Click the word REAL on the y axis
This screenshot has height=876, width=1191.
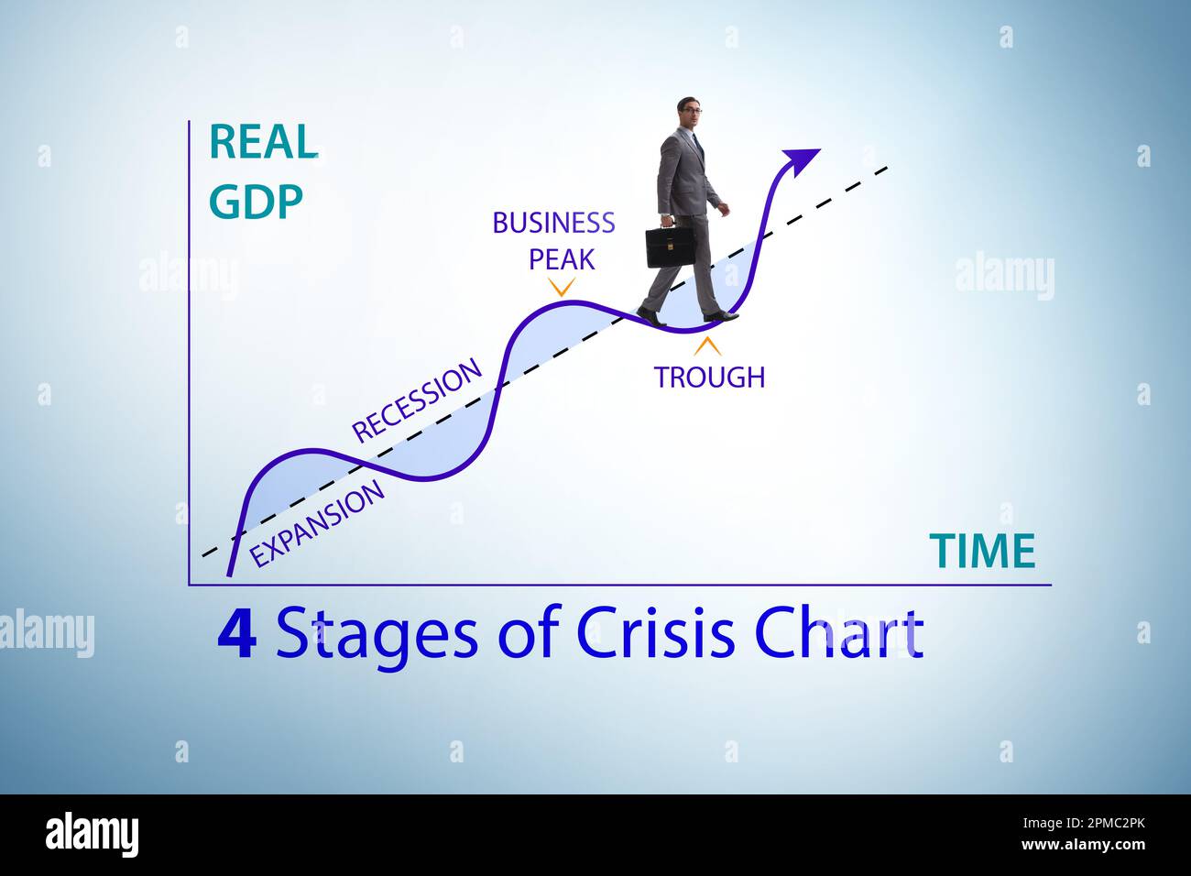point(263,142)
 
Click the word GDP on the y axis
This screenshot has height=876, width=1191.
point(255,203)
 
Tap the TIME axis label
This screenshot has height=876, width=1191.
point(982,552)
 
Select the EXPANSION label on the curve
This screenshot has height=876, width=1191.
point(318,525)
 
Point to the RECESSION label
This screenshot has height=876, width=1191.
point(417,401)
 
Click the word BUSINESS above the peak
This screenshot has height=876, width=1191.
point(553,223)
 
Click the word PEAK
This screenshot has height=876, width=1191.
point(562,259)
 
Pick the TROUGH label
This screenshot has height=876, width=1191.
point(709,377)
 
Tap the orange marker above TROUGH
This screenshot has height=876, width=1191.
point(707,346)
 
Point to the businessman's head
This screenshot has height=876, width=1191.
point(690,115)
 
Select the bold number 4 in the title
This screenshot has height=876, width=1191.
point(236,634)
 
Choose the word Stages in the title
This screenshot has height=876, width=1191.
point(377,634)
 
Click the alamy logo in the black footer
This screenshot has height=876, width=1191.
point(92,835)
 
